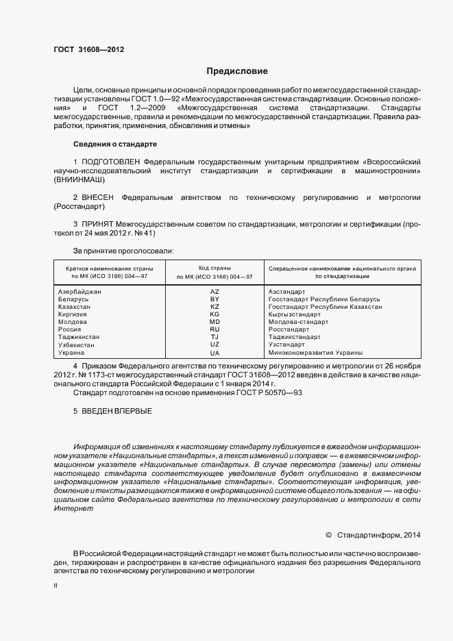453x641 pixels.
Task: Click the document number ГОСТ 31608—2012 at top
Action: coord(88,49)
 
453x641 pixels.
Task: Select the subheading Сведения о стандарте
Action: coord(115,144)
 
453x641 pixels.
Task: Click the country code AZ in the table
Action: coord(214,292)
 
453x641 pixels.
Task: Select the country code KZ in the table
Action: coord(214,307)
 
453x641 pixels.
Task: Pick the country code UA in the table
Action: coord(214,353)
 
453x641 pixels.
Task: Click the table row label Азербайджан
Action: coord(81,292)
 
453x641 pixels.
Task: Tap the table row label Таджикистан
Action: coord(79,337)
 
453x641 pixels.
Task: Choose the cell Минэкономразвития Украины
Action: coord(315,353)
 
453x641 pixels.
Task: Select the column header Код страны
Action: coord(214,268)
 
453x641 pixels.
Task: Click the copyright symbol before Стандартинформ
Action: coord(328,534)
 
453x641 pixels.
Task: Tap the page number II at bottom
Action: coord(56,586)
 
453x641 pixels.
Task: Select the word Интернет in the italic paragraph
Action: coord(73,509)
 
